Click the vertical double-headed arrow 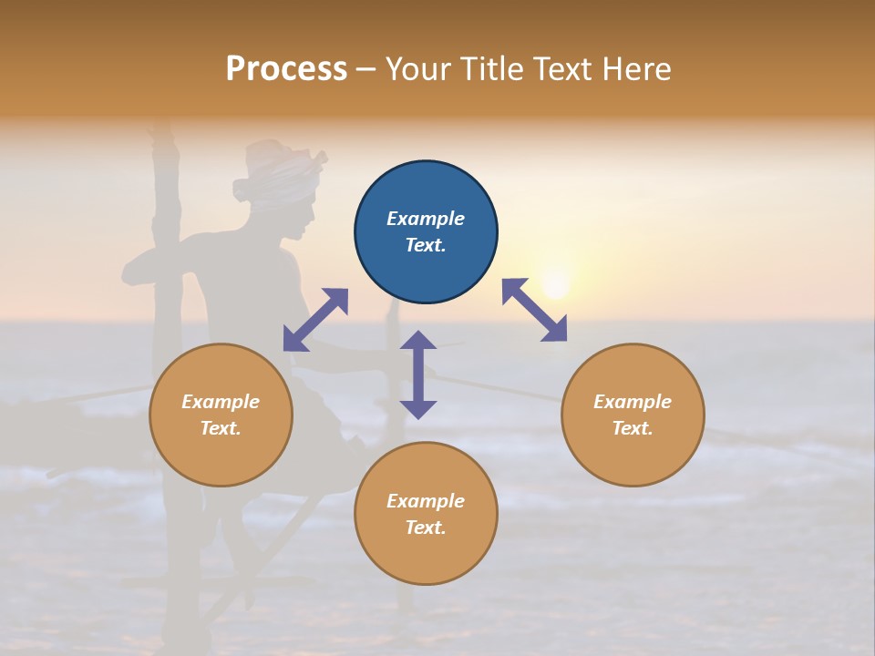coord(418,374)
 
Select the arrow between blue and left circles coord(315,320)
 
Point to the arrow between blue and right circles coord(534,310)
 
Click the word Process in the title coord(286,68)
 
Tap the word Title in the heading coord(493,68)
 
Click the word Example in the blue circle coord(426,219)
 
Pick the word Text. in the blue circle coord(426,245)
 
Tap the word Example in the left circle coord(221,402)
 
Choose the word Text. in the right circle coord(633,428)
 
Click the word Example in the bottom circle coord(426,501)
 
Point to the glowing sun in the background coord(554,281)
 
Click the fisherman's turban coord(283,173)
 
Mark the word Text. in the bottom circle coord(426,528)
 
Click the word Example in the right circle coord(633,402)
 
